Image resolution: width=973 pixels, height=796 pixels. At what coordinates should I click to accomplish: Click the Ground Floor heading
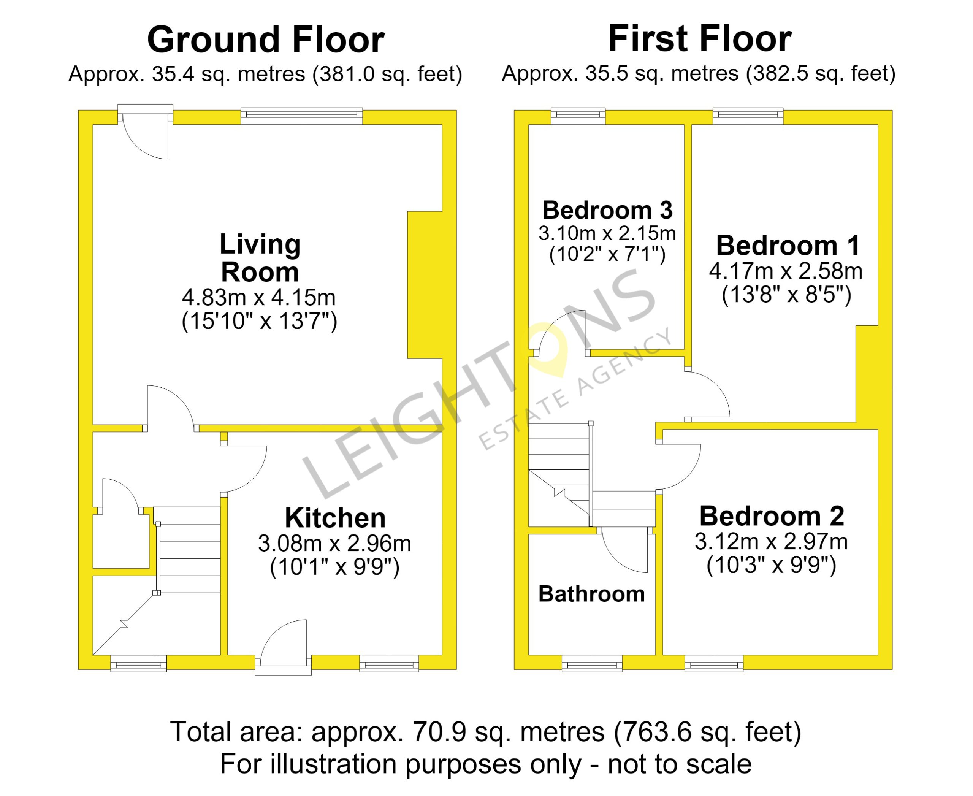(x=266, y=40)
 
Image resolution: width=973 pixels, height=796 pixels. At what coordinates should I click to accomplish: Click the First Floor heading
(x=700, y=39)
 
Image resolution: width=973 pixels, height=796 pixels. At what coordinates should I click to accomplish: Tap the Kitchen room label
(x=335, y=518)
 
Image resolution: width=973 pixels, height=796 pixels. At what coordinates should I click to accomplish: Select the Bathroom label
(x=591, y=594)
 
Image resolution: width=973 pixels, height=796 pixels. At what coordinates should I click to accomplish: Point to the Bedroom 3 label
(x=607, y=210)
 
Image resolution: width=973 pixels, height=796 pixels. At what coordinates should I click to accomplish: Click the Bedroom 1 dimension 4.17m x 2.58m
(x=786, y=271)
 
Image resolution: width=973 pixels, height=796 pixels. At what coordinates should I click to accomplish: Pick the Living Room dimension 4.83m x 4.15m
(x=259, y=298)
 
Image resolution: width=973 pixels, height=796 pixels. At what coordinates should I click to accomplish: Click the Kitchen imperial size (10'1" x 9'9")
(x=335, y=567)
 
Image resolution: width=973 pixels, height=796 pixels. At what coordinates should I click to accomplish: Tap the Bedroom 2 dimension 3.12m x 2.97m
(x=771, y=542)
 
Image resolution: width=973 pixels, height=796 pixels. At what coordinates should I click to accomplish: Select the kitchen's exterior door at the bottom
(x=283, y=647)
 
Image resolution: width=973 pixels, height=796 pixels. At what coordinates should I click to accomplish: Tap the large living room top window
(x=302, y=116)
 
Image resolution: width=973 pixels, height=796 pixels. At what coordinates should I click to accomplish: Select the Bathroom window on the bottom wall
(x=592, y=663)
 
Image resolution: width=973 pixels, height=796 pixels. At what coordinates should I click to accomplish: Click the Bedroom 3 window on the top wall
(x=578, y=116)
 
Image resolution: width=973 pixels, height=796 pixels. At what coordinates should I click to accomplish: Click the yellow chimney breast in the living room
(x=425, y=285)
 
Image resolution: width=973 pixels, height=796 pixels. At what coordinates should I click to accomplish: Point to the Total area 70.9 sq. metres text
(x=486, y=732)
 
